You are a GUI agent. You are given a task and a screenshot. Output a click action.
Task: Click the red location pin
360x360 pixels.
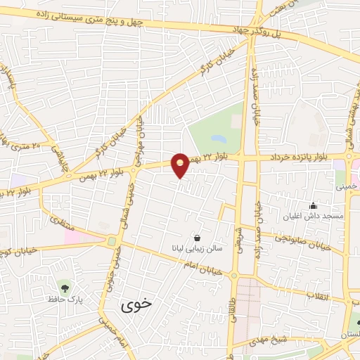(x=181, y=165)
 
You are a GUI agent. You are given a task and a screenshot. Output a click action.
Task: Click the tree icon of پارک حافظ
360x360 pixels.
(x=65, y=287)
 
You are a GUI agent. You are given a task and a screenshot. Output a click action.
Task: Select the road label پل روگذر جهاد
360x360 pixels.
(x=262, y=31)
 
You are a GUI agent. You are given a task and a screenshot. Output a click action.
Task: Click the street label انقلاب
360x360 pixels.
(x=317, y=297)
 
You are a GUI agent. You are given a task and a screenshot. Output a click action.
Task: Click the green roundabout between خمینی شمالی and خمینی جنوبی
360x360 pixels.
(x=112, y=241)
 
